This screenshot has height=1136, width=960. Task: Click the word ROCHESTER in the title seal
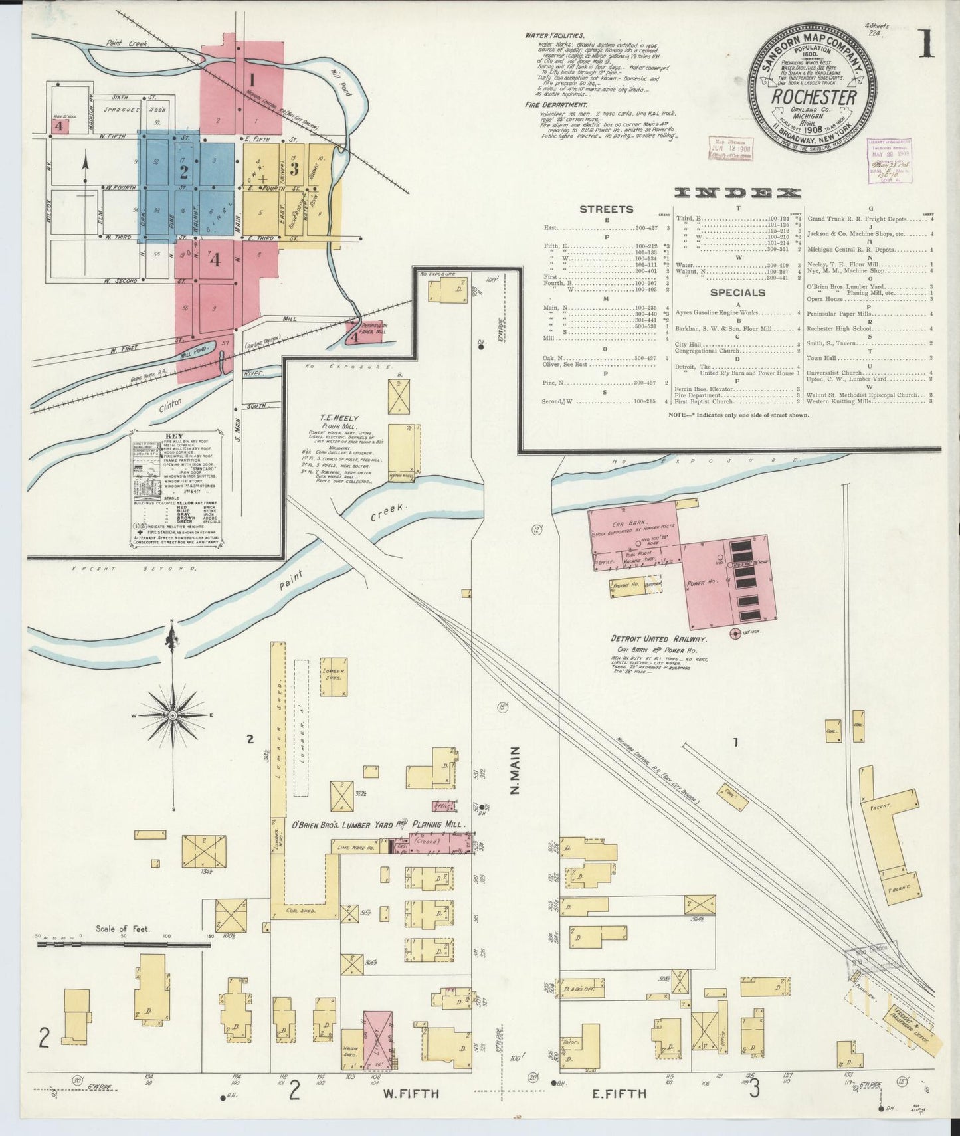(x=813, y=97)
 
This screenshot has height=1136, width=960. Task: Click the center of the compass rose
(x=173, y=715)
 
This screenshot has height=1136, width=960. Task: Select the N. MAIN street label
(x=514, y=771)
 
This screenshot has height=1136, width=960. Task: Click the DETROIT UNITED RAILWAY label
(x=659, y=638)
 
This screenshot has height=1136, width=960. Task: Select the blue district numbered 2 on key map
(x=184, y=172)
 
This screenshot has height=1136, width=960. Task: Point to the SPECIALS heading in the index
(x=736, y=292)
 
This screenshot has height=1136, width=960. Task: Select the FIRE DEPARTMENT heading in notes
(x=555, y=105)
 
